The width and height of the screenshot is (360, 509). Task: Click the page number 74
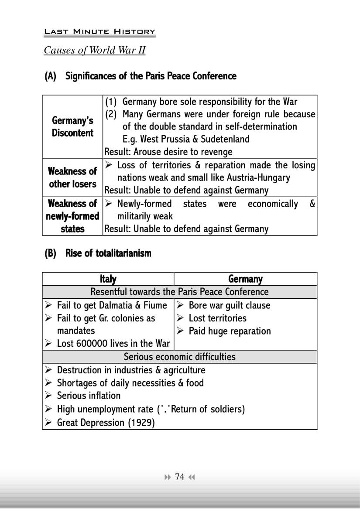[x=179, y=477]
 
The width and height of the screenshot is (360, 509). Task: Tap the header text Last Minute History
[x=99, y=32]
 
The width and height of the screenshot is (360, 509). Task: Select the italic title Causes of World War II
[x=94, y=50]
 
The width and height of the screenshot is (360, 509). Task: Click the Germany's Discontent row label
[x=72, y=126]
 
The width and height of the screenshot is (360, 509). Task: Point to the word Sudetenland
[x=225, y=139]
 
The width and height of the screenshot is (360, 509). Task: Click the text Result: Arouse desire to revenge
[x=168, y=152]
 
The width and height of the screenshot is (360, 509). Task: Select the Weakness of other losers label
[x=72, y=178]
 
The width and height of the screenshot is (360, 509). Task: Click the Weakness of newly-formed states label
[x=72, y=216]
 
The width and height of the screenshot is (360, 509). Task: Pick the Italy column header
[x=108, y=279]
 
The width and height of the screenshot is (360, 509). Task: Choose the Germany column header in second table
[x=245, y=279]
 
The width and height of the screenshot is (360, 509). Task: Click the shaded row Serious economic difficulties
[x=179, y=357]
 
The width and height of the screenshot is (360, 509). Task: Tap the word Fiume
[x=155, y=305]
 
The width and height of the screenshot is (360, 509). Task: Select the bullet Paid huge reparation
[x=230, y=331]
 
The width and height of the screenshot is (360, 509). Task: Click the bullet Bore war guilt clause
[x=229, y=305]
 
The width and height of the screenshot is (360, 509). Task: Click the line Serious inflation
[x=89, y=396]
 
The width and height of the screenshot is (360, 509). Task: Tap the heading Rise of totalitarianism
[x=108, y=253]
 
